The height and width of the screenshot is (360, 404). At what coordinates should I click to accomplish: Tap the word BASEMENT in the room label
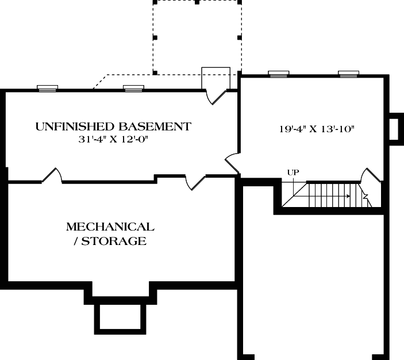(x=155, y=126)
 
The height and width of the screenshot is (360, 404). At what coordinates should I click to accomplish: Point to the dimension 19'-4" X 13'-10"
(x=314, y=129)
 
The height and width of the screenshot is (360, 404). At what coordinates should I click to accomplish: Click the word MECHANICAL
(x=110, y=227)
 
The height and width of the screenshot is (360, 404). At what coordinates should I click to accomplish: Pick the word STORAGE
(x=113, y=241)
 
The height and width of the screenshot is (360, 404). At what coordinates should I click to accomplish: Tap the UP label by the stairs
(x=293, y=172)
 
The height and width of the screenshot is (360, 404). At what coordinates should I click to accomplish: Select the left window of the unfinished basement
(x=47, y=88)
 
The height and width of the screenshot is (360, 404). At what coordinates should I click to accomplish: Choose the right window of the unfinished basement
(x=133, y=88)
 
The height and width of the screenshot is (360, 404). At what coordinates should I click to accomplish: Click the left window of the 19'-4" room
(x=278, y=73)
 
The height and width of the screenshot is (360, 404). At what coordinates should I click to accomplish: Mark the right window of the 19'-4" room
(x=348, y=73)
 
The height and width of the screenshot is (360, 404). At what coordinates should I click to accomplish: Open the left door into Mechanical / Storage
(x=51, y=175)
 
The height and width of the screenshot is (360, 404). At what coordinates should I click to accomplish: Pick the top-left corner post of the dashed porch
(x=154, y=2)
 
